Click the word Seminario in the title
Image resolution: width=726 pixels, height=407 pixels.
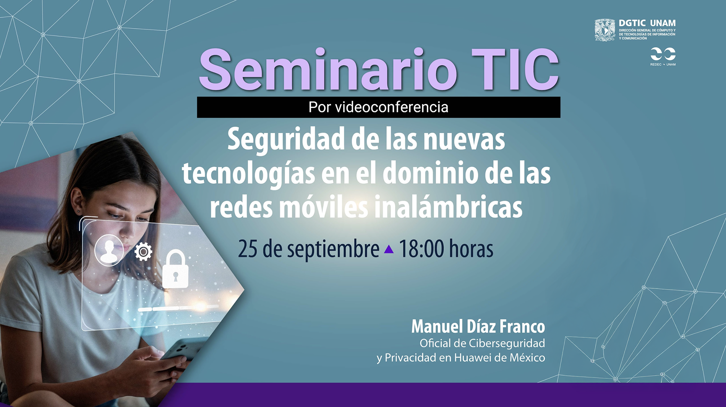point(328,70)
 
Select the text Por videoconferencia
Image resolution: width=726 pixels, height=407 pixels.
point(378,107)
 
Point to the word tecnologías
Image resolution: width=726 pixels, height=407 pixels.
point(249,174)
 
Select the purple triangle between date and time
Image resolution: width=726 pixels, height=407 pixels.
point(389,250)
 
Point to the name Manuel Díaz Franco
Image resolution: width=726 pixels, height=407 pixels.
point(478,327)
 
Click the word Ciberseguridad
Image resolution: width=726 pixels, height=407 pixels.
point(507,344)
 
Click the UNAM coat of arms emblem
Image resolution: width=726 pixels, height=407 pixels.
point(605,30)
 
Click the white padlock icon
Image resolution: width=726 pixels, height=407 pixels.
point(175,269)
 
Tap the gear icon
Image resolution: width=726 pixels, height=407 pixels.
point(143,252)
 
